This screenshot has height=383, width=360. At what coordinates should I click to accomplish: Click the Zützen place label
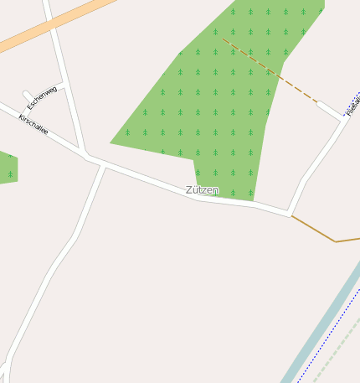pos(202,190)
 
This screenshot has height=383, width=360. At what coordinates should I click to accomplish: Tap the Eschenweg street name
pos(42,98)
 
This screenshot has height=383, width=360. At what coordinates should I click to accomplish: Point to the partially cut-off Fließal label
pos(352,104)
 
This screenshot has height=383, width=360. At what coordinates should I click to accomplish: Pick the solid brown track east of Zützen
pos(322,234)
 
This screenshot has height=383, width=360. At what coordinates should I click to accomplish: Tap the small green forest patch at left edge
pos(7,168)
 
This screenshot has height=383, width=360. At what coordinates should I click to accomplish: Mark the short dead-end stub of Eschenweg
pos(28,95)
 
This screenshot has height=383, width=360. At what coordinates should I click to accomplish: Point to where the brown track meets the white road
pos(291,216)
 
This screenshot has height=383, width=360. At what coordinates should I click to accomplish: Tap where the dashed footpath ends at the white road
pos(317,104)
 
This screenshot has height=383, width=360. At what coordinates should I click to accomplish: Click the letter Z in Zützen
pos(189,190)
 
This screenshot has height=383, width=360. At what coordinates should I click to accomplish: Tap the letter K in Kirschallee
pos(21,118)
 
